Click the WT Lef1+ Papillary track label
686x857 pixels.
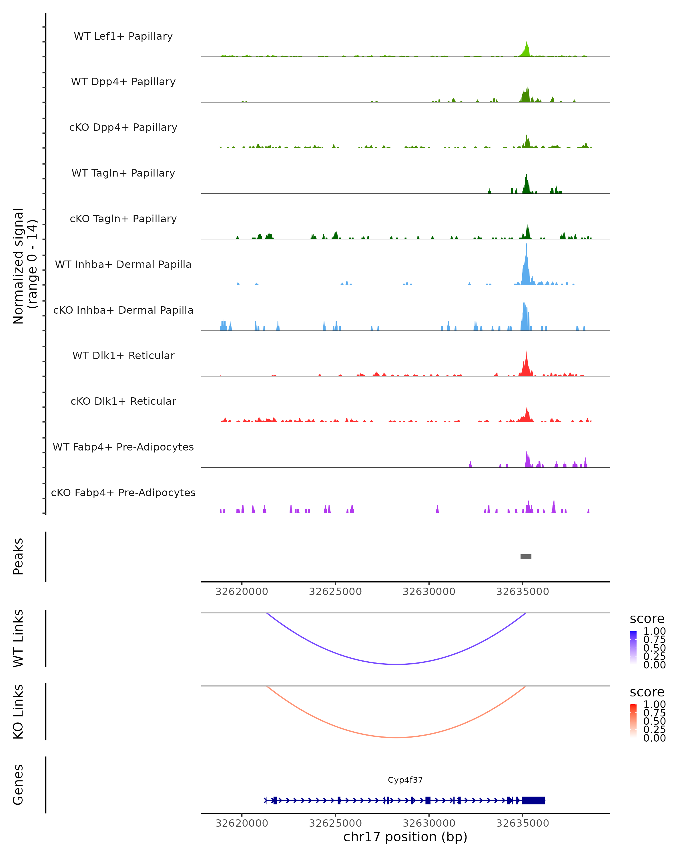coord(123,36)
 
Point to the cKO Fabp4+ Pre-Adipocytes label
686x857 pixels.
coord(123,492)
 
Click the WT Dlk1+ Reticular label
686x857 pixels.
coord(123,355)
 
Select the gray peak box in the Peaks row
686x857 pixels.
coord(526,556)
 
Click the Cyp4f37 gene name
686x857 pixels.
coord(405,780)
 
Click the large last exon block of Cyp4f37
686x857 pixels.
coord(533,800)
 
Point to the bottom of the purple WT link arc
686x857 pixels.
coord(396,664)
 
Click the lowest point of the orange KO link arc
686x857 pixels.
coord(396,737)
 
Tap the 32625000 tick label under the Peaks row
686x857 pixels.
coord(335,592)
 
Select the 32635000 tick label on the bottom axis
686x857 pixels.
coord(522,823)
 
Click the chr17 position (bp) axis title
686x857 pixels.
coord(405,837)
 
